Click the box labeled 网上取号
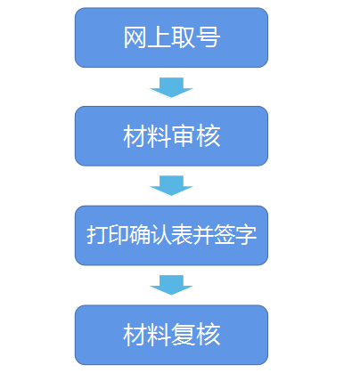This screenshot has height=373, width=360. (x=171, y=37)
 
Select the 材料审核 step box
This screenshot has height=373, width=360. (x=171, y=136)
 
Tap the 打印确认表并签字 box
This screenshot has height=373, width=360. (x=171, y=235)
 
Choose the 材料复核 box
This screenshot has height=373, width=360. (x=171, y=335)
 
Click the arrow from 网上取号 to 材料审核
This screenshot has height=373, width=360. (x=171, y=87)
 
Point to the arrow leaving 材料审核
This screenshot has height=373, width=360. (x=171, y=185)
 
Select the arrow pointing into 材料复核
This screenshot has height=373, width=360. (x=171, y=285)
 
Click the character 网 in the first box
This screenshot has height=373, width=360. (x=135, y=38)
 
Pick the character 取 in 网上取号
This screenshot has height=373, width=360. (x=184, y=38)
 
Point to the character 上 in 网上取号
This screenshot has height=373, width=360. (x=160, y=38)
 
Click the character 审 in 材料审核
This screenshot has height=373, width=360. (x=184, y=137)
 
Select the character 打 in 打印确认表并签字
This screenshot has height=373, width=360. (x=96, y=236)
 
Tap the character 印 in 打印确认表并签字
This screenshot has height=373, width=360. (x=118, y=236)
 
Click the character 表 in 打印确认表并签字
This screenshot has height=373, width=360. (x=182, y=236)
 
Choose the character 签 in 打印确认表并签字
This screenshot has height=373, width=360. (x=225, y=236)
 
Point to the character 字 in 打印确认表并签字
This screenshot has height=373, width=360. (x=247, y=236)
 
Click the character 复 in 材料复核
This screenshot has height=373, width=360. (x=184, y=336)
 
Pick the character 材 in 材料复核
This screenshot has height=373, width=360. (x=135, y=336)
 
